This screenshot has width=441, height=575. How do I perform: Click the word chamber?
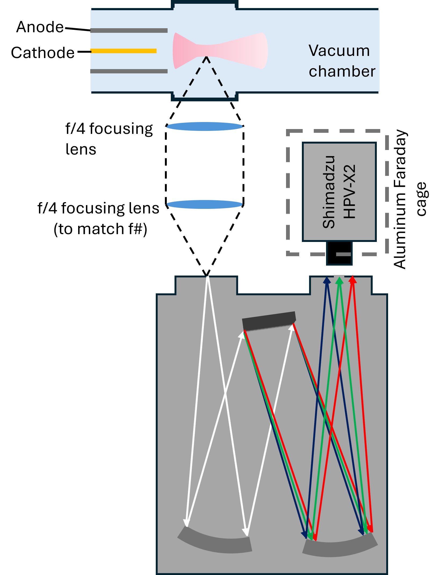tap(342, 72)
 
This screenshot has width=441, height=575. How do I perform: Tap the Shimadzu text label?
tap(329, 192)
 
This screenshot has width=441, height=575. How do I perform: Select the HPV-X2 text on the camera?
tap(350, 192)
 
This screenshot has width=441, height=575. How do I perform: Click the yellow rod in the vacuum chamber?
tap(124, 51)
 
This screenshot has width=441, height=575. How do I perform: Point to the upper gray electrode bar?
tap(129, 30)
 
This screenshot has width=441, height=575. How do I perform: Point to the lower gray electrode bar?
tap(129, 71)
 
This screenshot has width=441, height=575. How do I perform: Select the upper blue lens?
tap(205, 126)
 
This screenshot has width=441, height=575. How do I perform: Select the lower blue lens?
tap(205, 204)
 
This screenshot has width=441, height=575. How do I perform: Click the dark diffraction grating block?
tap(269, 320)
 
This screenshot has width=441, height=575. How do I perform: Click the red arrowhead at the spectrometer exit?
tap(353, 280)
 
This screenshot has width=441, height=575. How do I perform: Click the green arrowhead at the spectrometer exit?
tap(340, 281)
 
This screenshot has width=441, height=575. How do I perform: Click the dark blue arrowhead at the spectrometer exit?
tap(327, 281)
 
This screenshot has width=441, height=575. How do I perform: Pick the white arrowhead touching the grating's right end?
tap(292, 327)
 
